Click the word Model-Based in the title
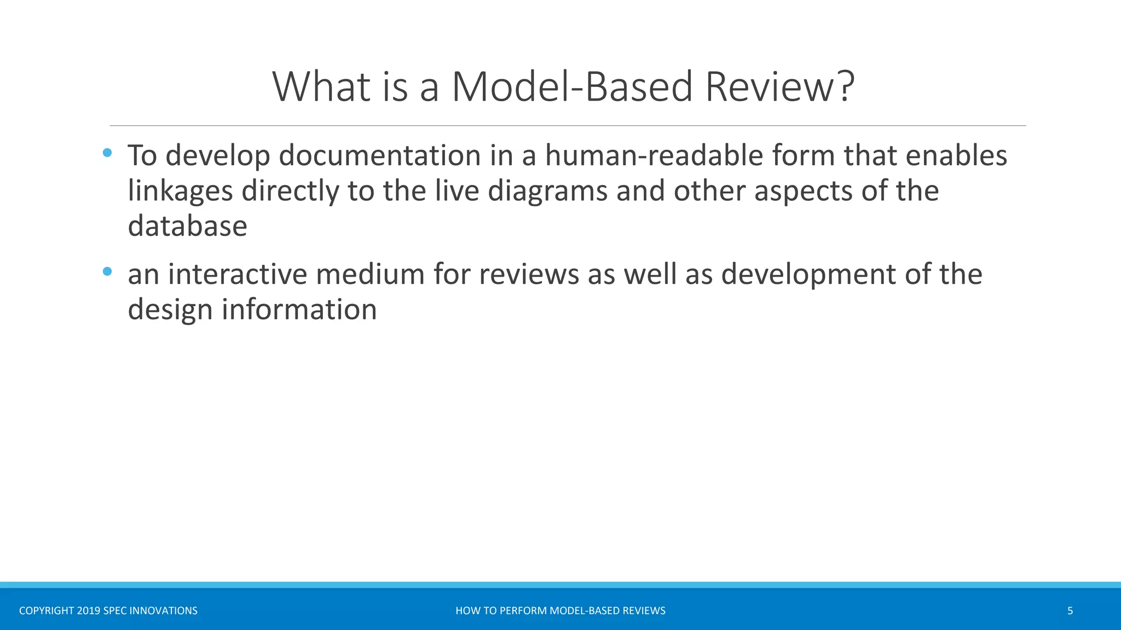(x=573, y=86)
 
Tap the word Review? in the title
(x=779, y=86)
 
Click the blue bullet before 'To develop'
(x=107, y=153)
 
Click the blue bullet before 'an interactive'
(x=107, y=271)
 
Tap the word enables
(x=956, y=156)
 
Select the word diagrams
(x=547, y=191)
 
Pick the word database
(x=187, y=226)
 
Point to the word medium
(x=370, y=274)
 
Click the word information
(x=299, y=310)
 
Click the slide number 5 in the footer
(x=1070, y=611)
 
